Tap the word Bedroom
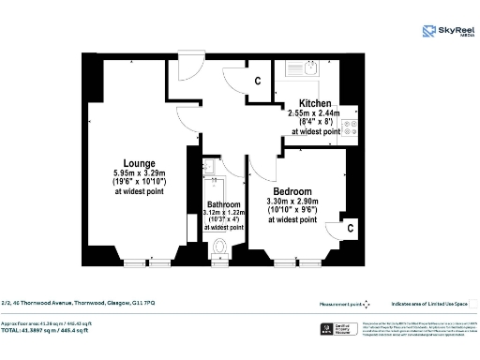pyautogui.click(x=293, y=188)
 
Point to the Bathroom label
pyautogui.click(x=223, y=204)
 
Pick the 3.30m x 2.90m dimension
pyautogui.click(x=293, y=200)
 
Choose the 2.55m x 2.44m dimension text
pyautogui.click(x=316, y=112)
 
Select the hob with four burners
pyautogui.click(x=351, y=128)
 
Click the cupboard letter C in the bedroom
pyautogui.click(x=350, y=228)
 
